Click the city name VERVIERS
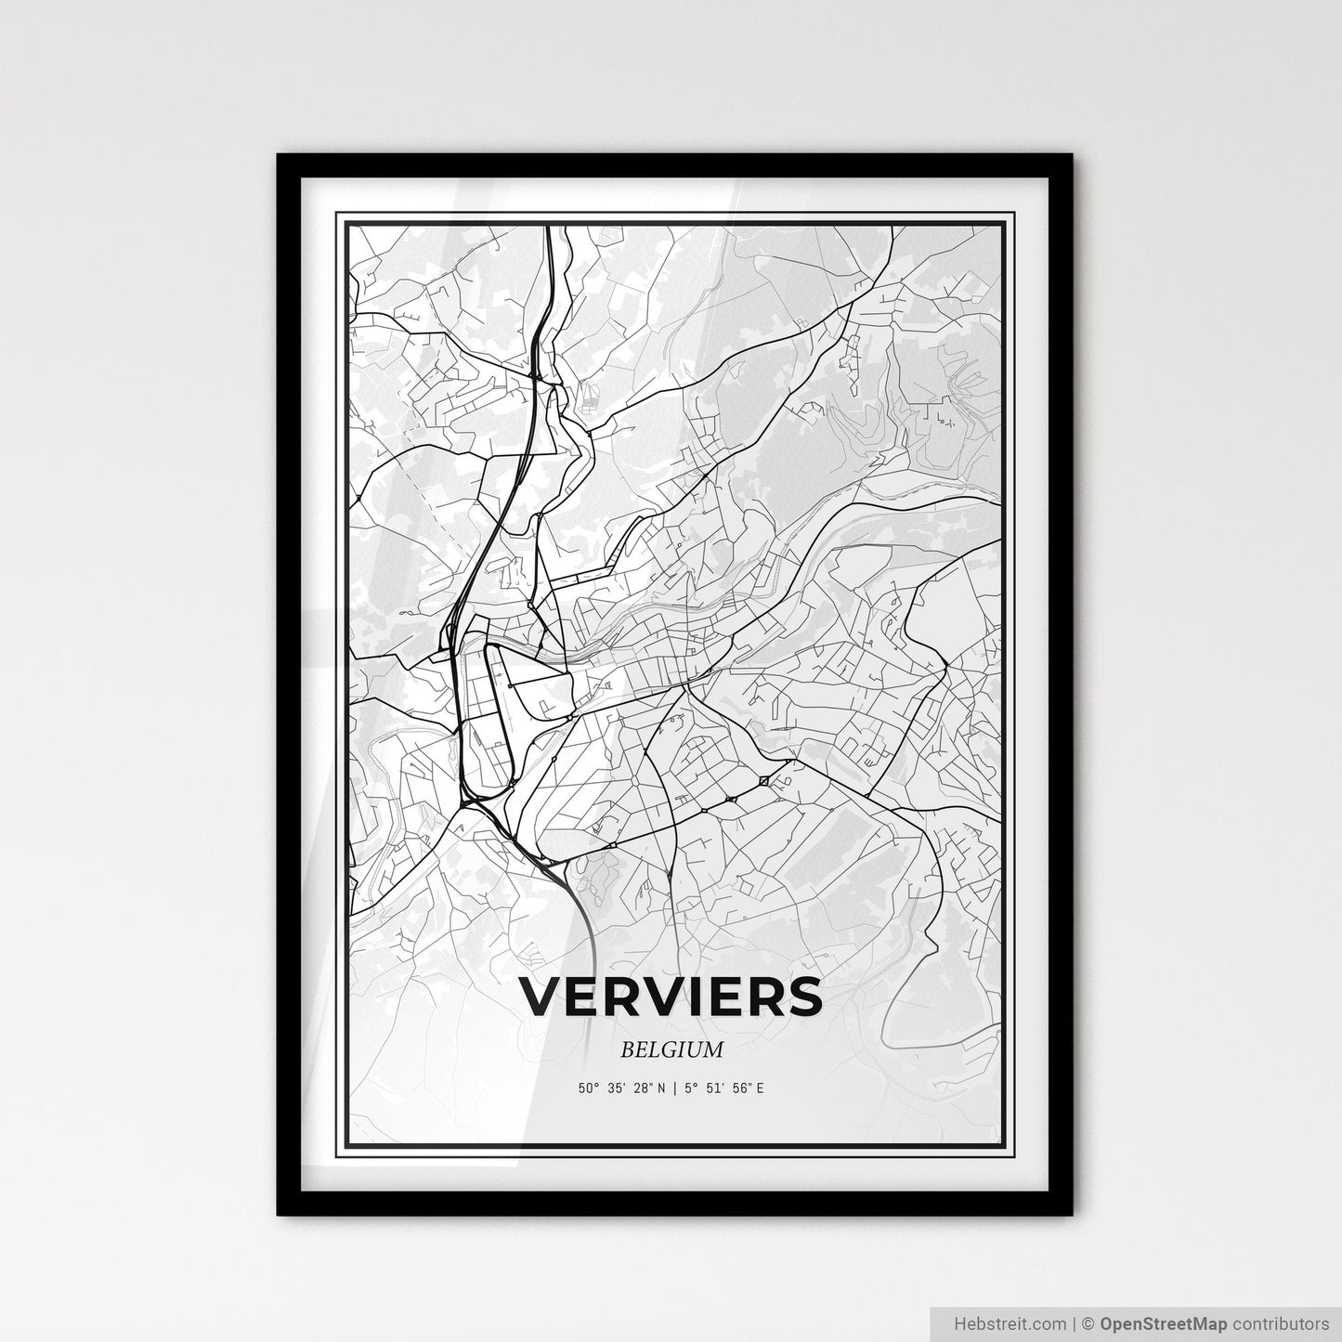(x=671, y=997)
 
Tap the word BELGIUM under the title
(x=671, y=1050)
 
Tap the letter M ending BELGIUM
(x=713, y=1050)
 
